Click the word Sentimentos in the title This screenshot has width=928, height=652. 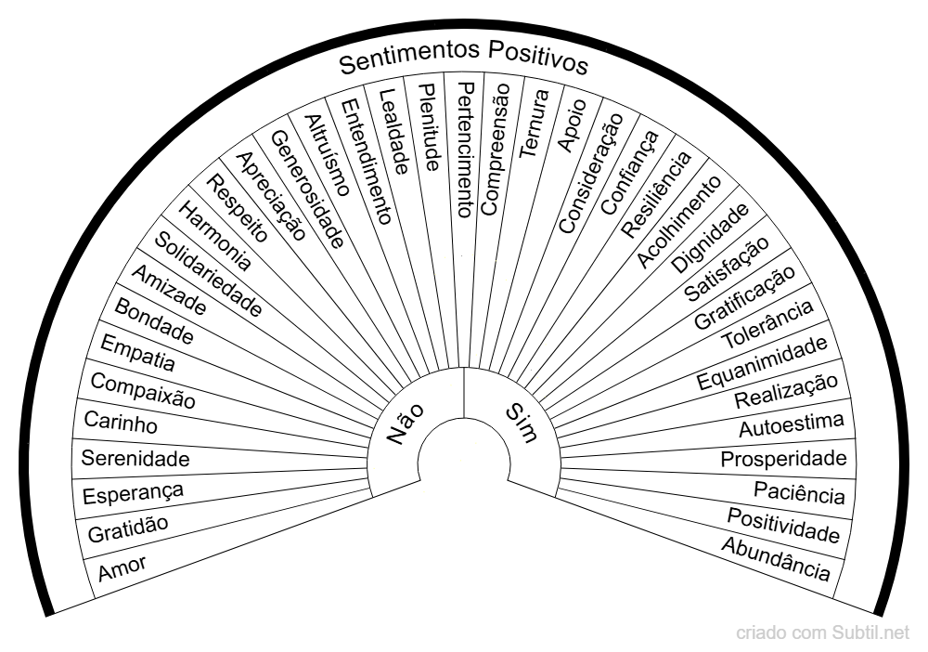(406, 61)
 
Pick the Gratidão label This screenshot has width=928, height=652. (128, 528)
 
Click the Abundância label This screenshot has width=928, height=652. (776, 557)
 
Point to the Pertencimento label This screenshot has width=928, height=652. (467, 149)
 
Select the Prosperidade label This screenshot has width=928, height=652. (784, 459)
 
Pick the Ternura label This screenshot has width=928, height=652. (533, 124)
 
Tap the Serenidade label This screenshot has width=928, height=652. (135, 458)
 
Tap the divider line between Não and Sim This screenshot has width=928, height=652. (464, 394)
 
